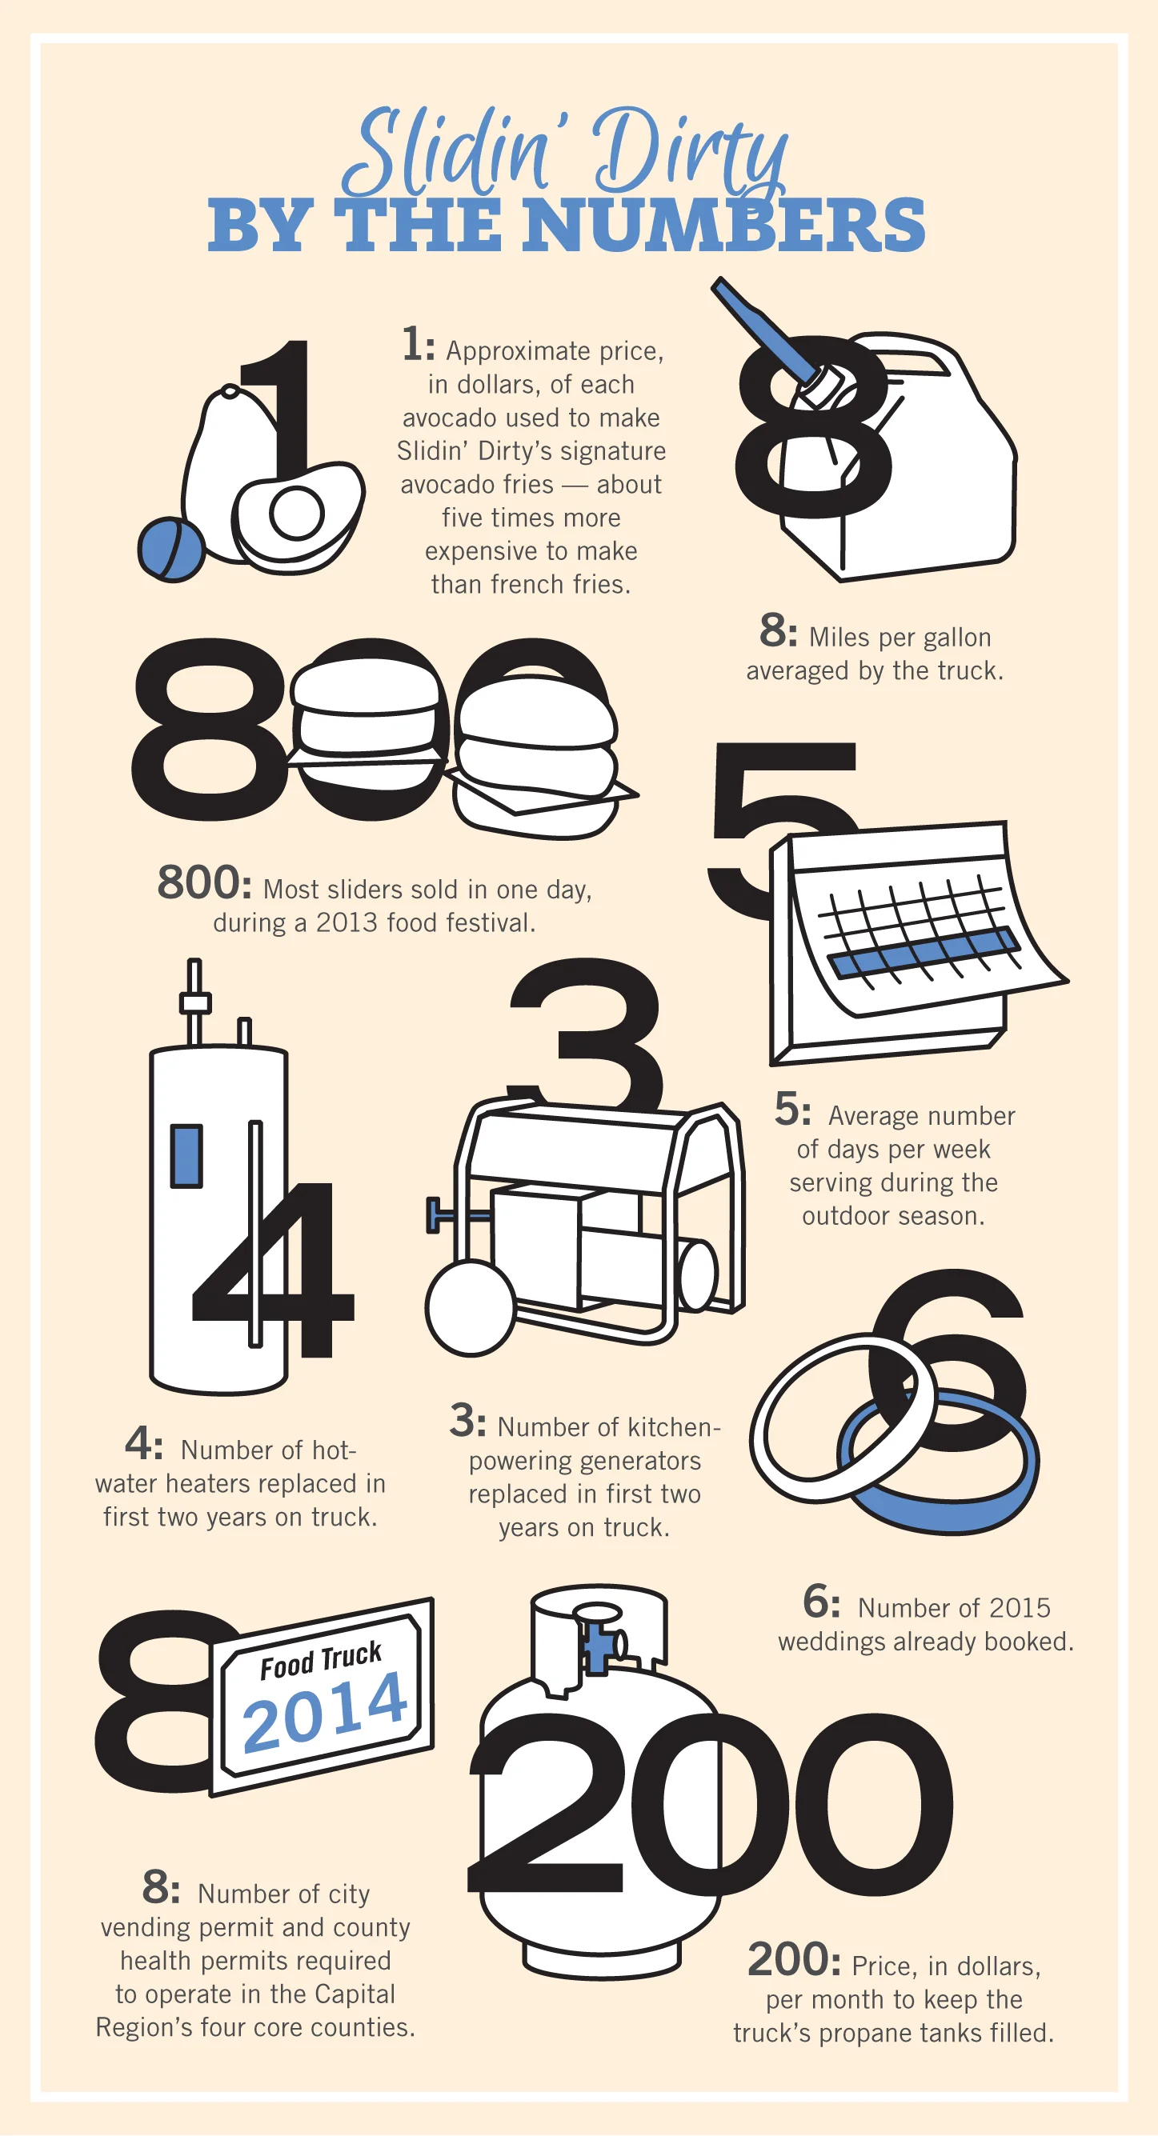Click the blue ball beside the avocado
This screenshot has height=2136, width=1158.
point(171,549)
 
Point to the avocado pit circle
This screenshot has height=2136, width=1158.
point(296,514)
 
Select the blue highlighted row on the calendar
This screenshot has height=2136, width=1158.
point(924,952)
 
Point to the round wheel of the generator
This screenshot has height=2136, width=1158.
point(471,1308)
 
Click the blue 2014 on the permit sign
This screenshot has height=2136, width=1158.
point(325,1710)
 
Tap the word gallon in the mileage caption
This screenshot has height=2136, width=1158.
point(957,637)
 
